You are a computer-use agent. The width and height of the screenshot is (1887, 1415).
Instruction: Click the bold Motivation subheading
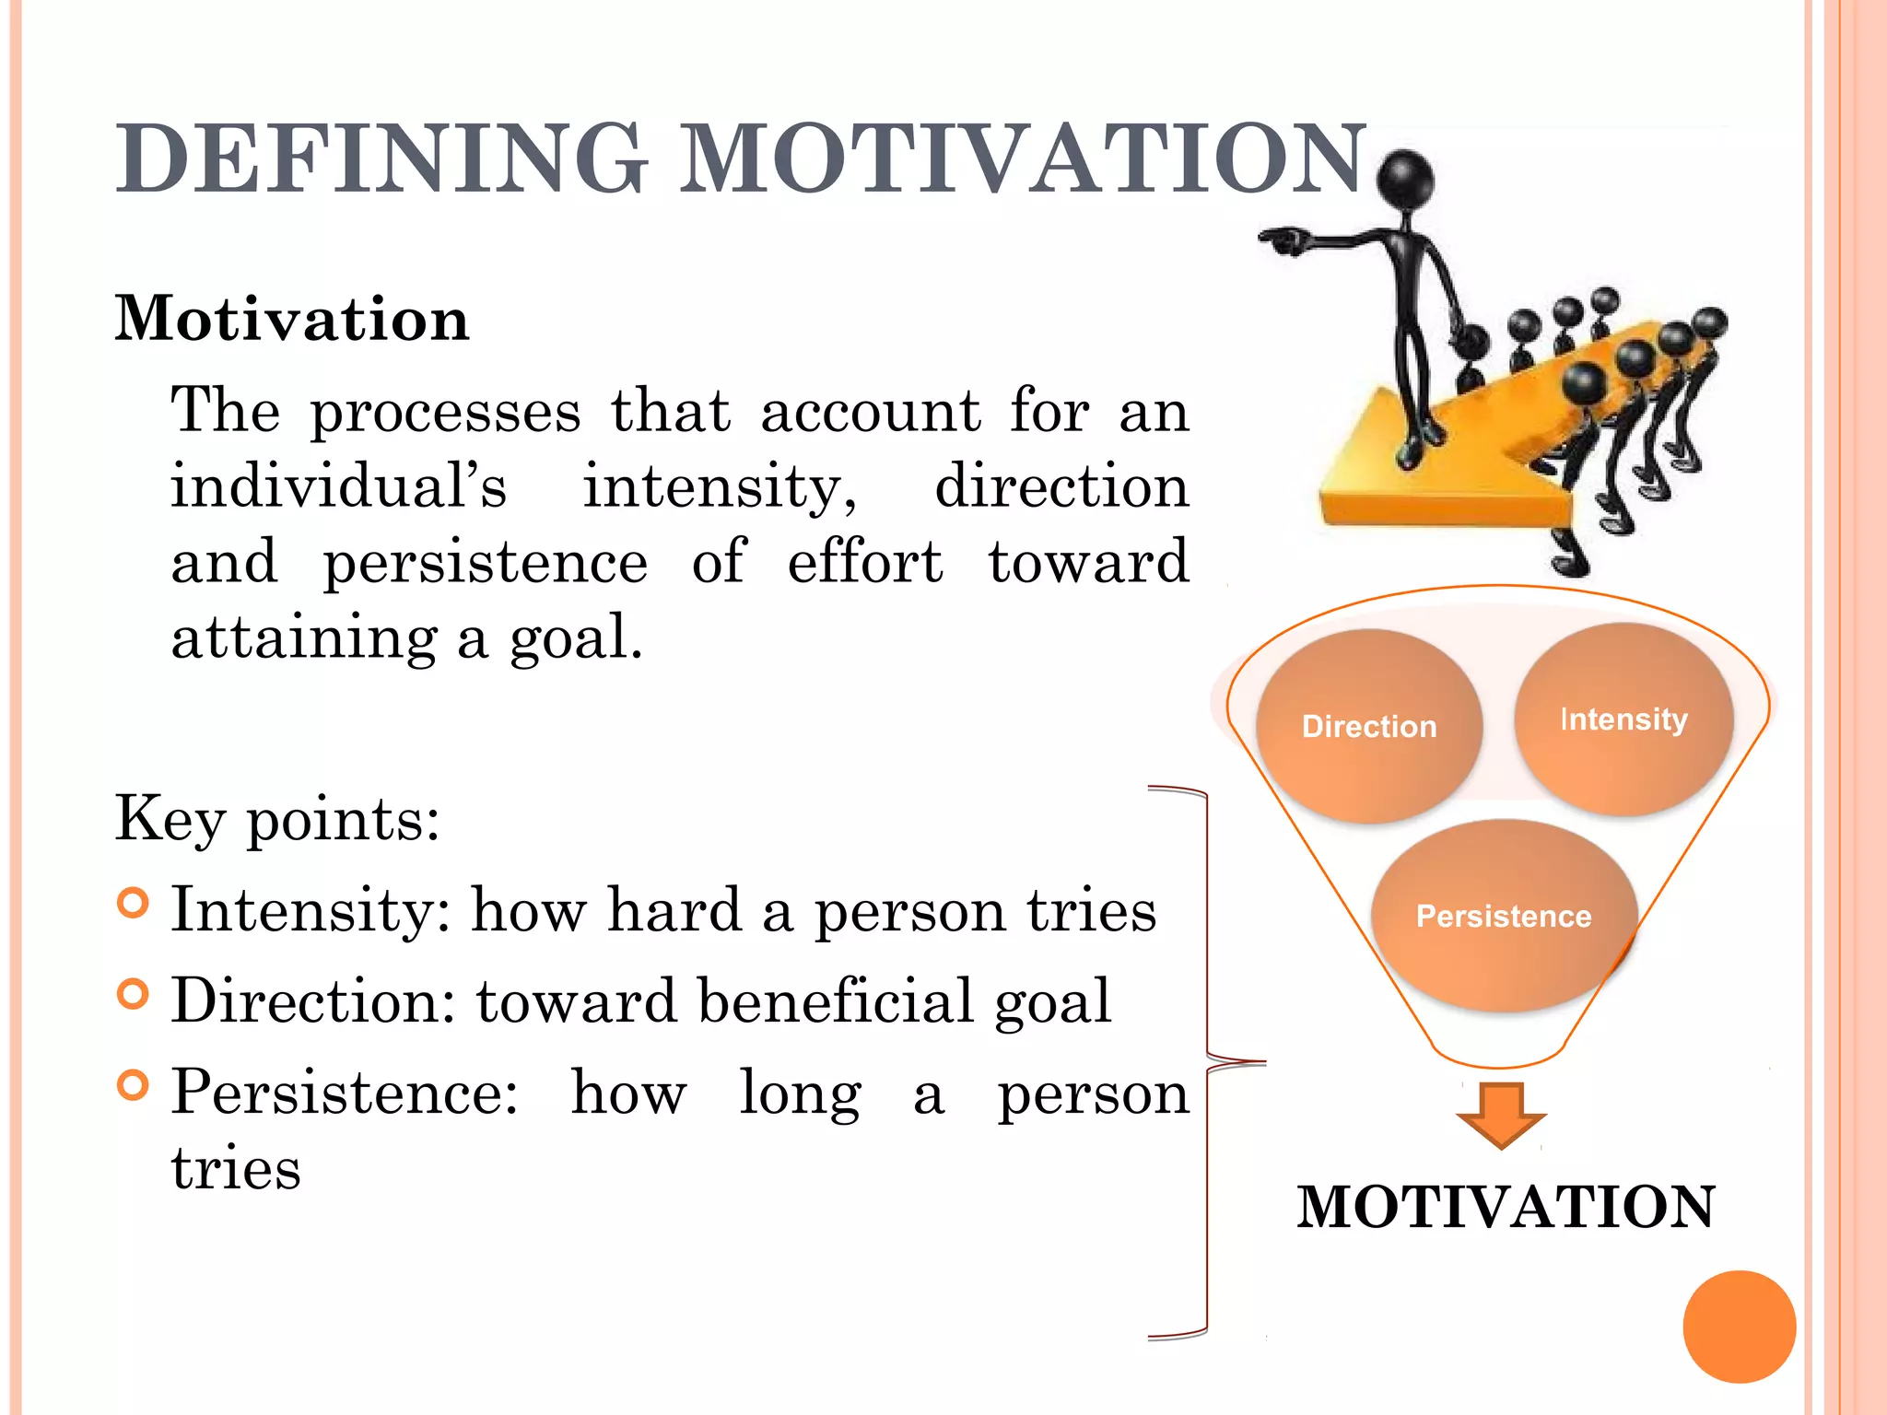292,319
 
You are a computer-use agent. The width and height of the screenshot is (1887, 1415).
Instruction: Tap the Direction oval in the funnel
1369,726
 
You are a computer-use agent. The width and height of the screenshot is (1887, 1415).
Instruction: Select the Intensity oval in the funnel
1623,719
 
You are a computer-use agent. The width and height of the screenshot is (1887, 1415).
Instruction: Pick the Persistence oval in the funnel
1504,917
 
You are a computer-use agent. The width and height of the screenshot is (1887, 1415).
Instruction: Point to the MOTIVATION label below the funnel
1506,1207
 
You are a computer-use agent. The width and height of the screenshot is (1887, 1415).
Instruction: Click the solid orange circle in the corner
1739,1327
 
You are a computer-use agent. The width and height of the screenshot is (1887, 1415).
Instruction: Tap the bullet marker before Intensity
134,903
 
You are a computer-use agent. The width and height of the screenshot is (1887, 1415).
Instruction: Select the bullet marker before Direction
134,994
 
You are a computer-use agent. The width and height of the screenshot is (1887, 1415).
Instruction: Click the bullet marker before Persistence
134,1085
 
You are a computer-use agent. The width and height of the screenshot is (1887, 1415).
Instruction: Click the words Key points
277,818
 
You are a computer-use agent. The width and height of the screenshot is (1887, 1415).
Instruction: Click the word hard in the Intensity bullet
674,910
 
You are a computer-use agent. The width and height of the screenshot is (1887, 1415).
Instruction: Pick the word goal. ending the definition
576,638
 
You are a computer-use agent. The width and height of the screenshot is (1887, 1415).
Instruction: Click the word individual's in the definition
338,486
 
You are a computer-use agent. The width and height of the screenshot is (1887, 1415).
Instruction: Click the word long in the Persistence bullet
800,1093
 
